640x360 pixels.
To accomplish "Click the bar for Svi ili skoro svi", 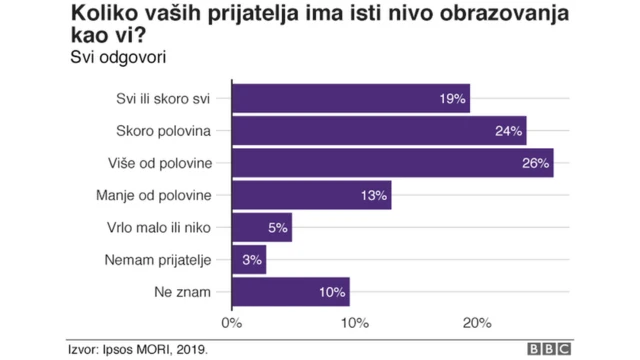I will coord(350,99).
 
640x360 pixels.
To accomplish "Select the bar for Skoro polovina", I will coord(378,131).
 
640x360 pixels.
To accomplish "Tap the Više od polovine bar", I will coord(392,163).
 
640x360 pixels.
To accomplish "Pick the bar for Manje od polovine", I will coord(311,195).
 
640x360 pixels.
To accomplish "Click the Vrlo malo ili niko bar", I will coord(261,227).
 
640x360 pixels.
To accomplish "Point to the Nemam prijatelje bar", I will coord(249,260).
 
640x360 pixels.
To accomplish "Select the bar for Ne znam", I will coord(290,292).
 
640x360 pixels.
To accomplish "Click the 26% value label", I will coord(535,163).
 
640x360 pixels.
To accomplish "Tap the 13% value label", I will coord(373,195).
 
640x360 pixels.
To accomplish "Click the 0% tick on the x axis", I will coord(232,323).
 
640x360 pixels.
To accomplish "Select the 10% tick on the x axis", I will coord(354,323).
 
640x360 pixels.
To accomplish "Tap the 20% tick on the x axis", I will coord(477,323).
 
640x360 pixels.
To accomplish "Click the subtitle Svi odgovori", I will coord(110,57).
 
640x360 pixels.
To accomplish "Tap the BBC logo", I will coord(549,349).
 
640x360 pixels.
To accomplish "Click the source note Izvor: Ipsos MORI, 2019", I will coord(138,349).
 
